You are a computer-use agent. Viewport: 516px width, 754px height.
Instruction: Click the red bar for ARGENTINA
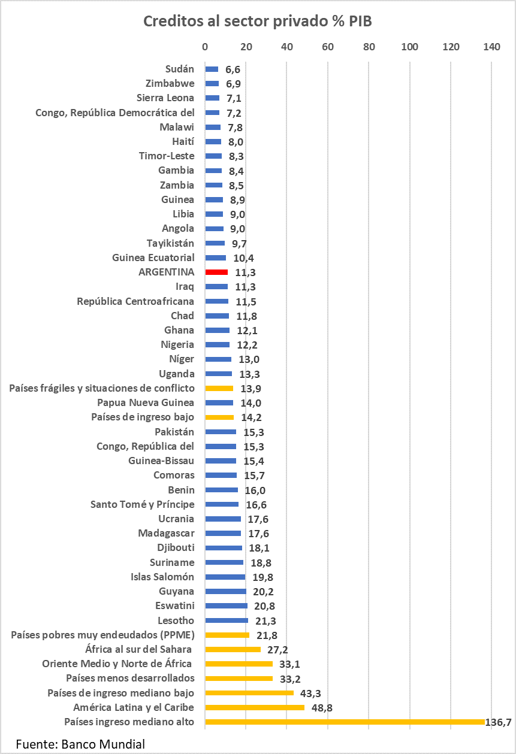click(216, 272)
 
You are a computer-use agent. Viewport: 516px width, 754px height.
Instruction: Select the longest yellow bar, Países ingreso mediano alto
click(345, 722)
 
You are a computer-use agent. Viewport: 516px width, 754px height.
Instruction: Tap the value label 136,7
click(498, 722)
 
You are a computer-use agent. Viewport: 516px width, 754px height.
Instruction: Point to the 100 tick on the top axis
click(410, 47)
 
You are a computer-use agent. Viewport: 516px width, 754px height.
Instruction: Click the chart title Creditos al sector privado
click(258, 22)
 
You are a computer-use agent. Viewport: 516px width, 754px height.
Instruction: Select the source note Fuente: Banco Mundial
click(80, 744)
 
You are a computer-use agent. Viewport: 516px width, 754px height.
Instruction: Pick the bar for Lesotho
click(227, 620)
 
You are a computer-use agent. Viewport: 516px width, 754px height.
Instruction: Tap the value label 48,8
click(321, 708)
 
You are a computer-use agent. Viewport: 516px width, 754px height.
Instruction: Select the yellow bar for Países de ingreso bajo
click(219, 417)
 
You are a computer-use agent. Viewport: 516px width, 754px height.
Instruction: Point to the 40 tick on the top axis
click(286, 47)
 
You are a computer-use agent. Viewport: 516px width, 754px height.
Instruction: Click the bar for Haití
click(213, 141)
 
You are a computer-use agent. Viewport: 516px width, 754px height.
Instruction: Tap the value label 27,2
click(277, 650)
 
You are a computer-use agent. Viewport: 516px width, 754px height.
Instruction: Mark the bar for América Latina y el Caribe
click(255, 707)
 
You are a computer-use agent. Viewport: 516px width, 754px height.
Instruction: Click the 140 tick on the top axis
click(491, 47)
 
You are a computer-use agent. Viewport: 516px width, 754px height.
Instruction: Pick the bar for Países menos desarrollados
click(239, 679)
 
